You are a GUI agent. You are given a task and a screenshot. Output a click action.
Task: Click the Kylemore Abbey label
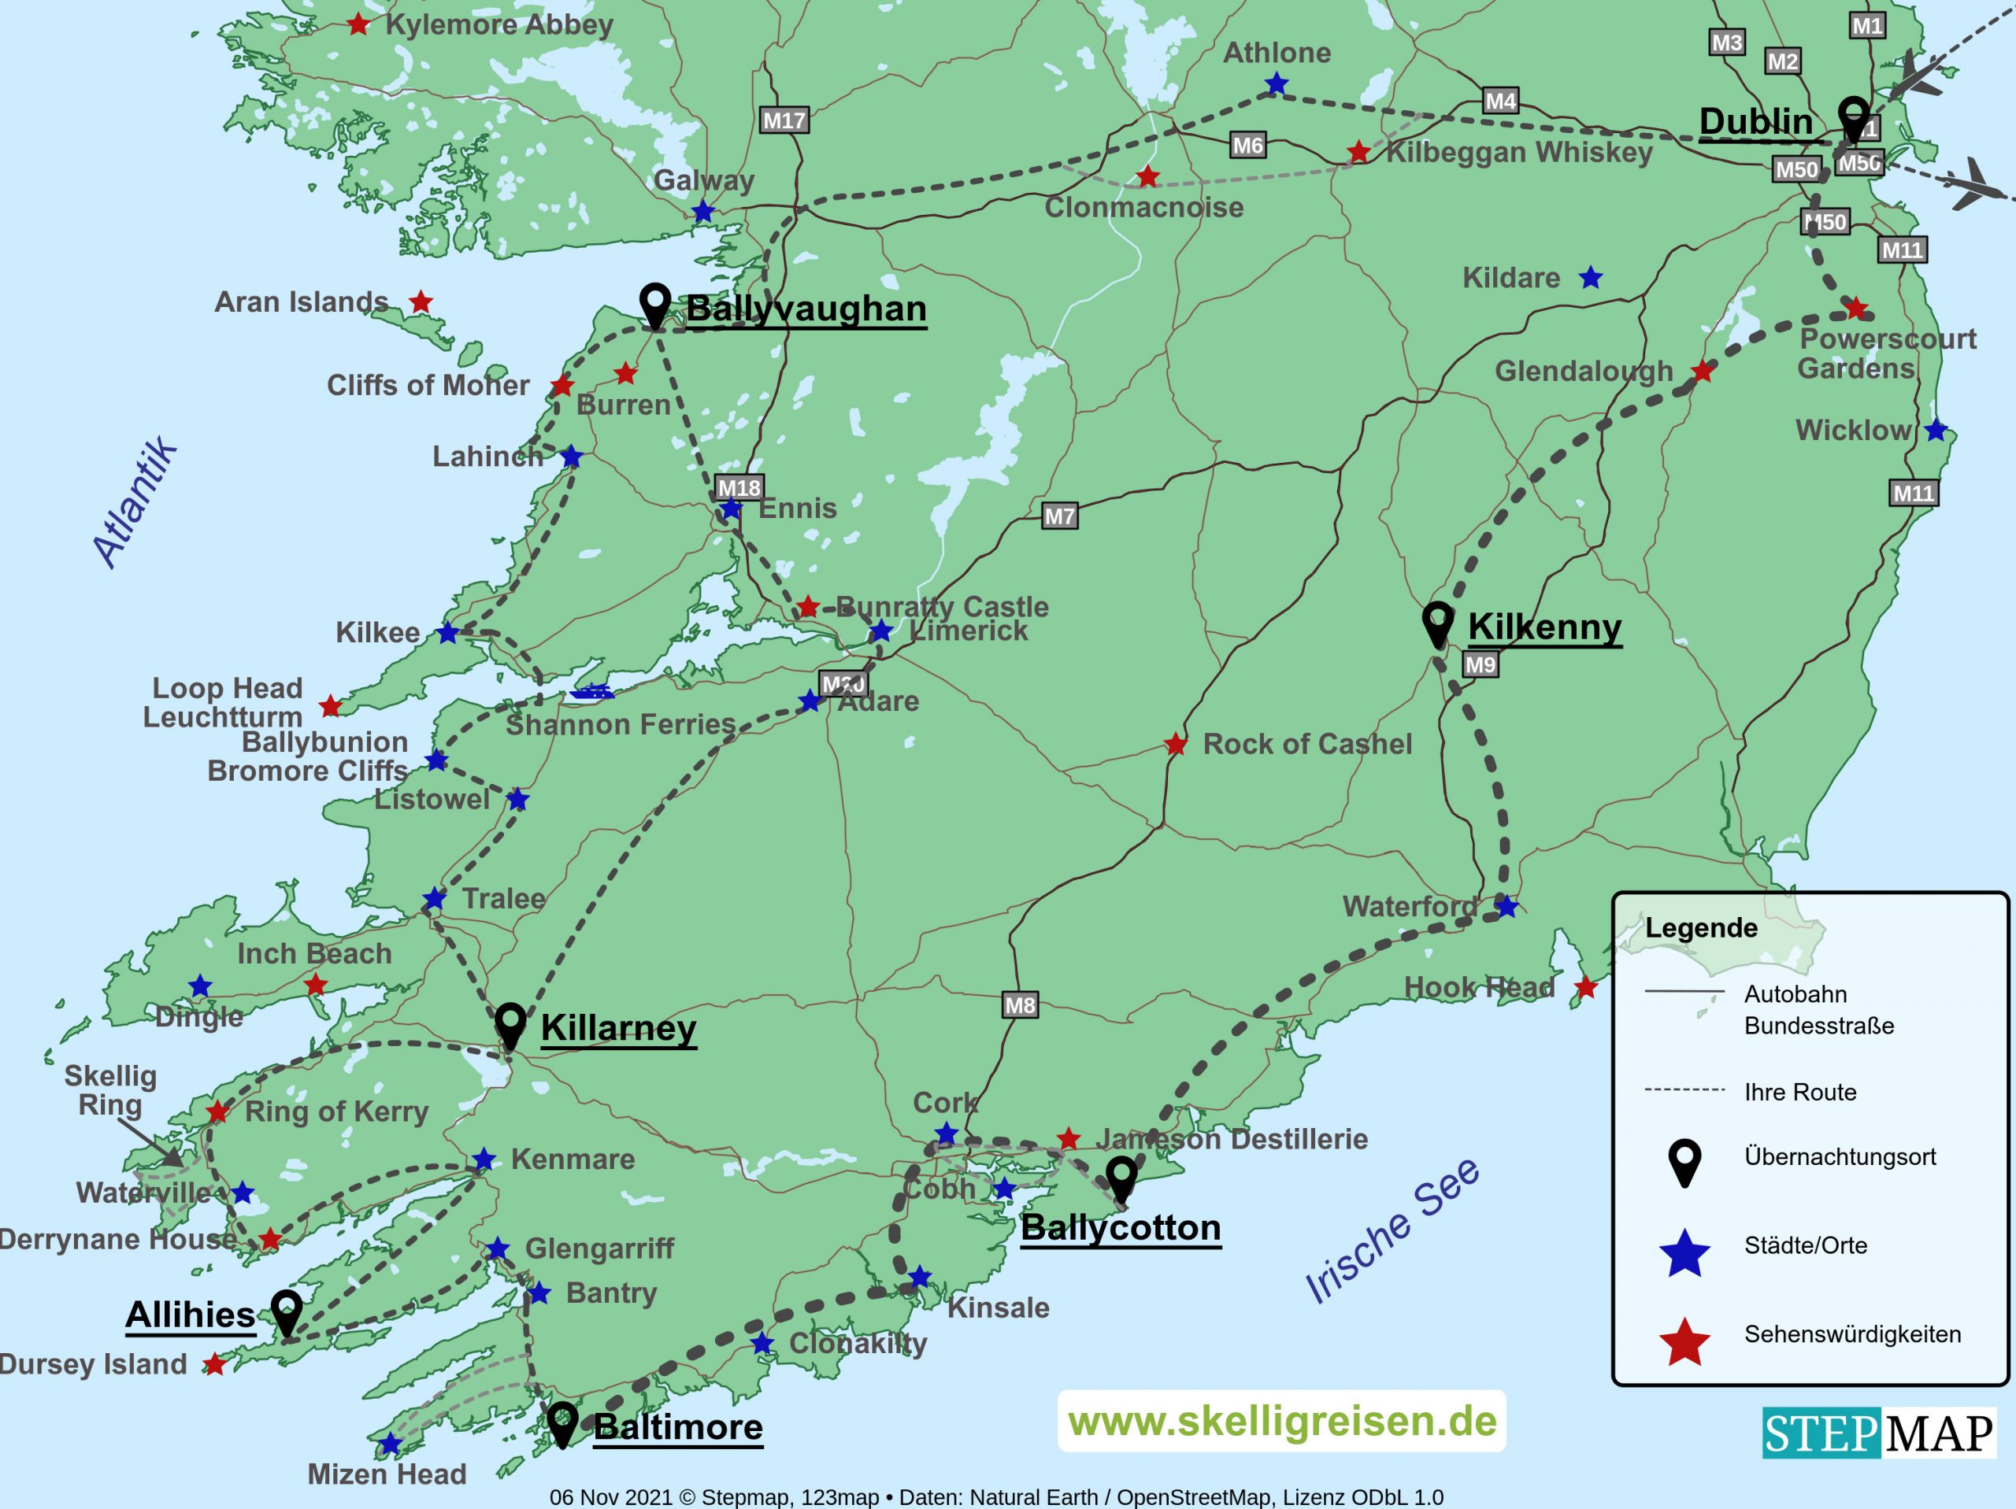pyautogui.click(x=498, y=24)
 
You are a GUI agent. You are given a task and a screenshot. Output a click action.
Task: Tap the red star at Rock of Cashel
pyautogui.click(x=1176, y=745)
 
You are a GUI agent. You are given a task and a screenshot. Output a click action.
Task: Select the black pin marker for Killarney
pyautogui.click(x=510, y=1025)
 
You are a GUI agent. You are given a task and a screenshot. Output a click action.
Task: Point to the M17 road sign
pyautogui.click(x=784, y=120)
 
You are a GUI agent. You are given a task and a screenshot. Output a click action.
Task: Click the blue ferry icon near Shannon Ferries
pyautogui.click(x=591, y=692)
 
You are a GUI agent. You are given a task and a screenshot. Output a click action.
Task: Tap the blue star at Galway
pyautogui.click(x=702, y=213)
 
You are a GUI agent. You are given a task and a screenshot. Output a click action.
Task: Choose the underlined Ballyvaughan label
pyautogui.click(x=806, y=308)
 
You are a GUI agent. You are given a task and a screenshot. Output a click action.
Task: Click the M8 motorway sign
pyautogui.click(x=1019, y=1005)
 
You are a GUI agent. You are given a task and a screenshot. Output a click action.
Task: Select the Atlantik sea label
pyautogui.click(x=135, y=502)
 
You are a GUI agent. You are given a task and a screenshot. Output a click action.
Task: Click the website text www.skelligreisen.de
pyautogui.click(x=1281, y=1421)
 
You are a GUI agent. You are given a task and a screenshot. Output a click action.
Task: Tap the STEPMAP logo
pyautogui.click(x=1877, y=1433)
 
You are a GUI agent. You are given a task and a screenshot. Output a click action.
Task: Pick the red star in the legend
pyautogui.click(x=1684, y=1342)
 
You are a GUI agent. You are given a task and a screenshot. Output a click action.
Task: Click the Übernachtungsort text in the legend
pyautogui.click(x=1839, y=1156)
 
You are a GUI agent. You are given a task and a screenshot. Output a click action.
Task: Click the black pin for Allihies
pyautogui.click(x=287, y=1312)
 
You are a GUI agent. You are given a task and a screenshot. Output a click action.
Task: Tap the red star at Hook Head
pyautogui.click(x=1586, y=987)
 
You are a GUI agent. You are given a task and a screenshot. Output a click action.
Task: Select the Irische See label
pyautogui.click(x=1392, y=1230)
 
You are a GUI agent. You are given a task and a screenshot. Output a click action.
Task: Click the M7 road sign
pyautogui.click(x=1059, y=516)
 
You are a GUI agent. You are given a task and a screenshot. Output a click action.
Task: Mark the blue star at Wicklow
pyautogui.click(x=1936, y=430)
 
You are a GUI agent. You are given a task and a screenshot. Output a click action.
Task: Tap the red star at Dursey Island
pyautogui.click(x=214, y=1364)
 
